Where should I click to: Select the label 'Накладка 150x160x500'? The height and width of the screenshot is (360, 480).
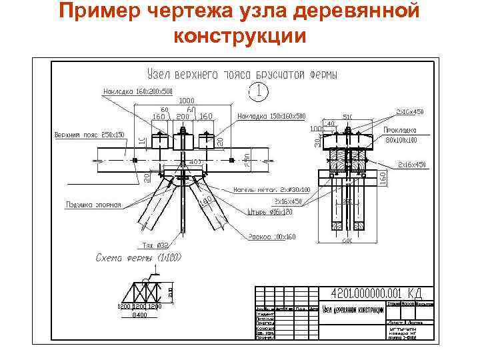click(271, 115)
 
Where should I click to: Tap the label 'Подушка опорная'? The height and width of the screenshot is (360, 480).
click(94, 205)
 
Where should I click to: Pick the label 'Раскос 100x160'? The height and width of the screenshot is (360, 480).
click(273, 237)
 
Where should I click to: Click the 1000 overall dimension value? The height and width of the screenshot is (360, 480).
click(186, 101)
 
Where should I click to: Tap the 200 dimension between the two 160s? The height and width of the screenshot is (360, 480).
click(181, 116)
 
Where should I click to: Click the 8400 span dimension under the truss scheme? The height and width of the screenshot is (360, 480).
click(139, 315)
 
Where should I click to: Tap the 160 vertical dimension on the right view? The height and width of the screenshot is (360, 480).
click(382, 177)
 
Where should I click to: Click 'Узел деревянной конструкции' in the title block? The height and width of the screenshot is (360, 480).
click(353, 309)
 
